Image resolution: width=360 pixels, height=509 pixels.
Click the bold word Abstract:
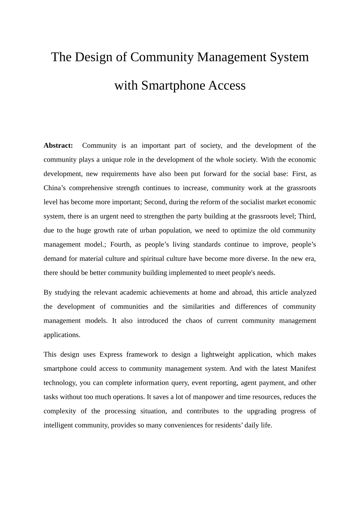(58, 145)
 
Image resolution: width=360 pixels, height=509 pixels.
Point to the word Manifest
(303, 368)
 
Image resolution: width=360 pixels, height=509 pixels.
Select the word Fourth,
(121, 244)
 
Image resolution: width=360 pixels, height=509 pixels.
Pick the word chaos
(194, 320)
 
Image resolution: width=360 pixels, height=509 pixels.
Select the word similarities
(198, 306)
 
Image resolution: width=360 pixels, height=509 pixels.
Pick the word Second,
(155, 202)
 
